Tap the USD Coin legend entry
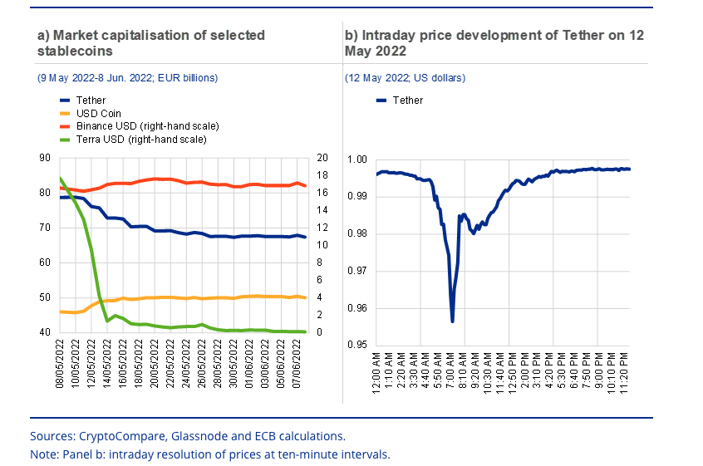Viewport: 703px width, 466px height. [x=99, y=113]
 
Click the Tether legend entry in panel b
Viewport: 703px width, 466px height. [x=407, y=101]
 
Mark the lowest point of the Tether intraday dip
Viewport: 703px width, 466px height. [x=452, y=321]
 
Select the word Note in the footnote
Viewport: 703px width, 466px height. [x=44, y=454]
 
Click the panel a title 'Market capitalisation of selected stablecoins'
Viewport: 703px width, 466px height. [x=150, y=42]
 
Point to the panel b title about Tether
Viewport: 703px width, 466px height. [x=494, y=42]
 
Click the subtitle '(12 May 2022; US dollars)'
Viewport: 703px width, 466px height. [x=406, y=78]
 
